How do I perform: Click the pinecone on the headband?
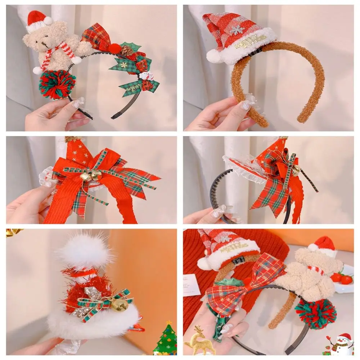pos(127,51)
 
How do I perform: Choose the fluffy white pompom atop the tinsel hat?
pos(85,252)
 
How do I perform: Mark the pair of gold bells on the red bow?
pos(90,176)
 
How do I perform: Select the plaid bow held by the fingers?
pos(245,284)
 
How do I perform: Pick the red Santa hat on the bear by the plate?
pos(322,244)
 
